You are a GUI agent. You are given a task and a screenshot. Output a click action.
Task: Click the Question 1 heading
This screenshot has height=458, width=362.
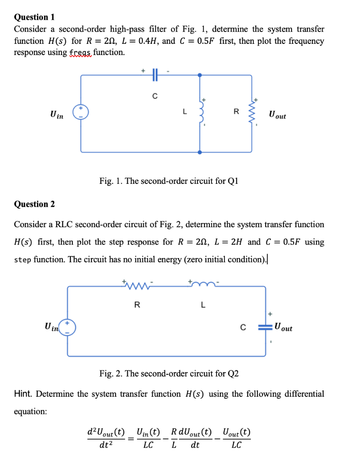tap(34, 17)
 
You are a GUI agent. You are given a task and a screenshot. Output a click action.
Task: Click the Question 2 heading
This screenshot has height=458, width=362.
tap(34, 204)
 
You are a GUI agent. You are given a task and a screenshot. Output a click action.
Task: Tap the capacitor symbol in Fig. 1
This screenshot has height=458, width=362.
tap(154, 76)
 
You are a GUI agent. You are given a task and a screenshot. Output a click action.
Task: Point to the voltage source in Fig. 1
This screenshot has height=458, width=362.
tap(81, 113)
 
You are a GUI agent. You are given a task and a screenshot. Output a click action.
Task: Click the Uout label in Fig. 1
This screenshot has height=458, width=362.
tap(277, 115)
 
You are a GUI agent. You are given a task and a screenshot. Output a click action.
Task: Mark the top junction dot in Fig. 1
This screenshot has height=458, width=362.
tap(200, 76)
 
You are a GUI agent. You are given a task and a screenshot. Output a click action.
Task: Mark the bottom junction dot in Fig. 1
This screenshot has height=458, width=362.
tap(200, 152)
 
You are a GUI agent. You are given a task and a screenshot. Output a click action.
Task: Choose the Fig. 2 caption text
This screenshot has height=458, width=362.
tap(169, 373)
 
